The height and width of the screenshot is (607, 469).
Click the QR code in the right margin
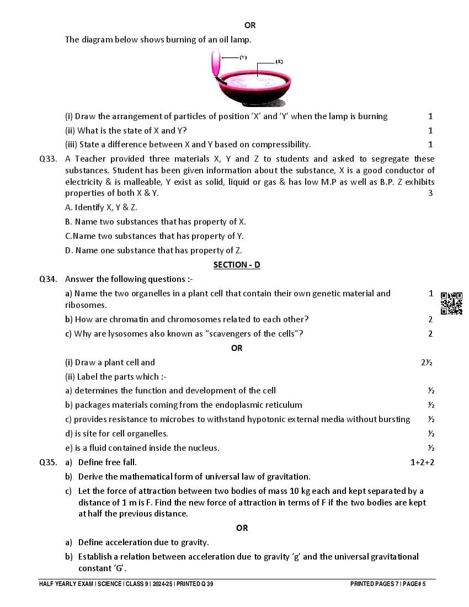coord(451,303)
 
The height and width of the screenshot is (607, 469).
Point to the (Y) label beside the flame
coord(243,57)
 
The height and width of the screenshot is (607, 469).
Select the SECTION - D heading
coord(237,265)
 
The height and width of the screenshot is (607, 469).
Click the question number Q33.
coord(48,159)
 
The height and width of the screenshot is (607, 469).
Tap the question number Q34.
coord(48,279)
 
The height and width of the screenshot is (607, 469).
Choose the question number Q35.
coord(48,462)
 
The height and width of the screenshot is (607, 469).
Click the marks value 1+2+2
coord(422,462)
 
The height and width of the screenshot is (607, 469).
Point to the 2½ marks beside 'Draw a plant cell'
coord(426,363)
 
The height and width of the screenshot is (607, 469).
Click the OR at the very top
coord(250,25)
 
